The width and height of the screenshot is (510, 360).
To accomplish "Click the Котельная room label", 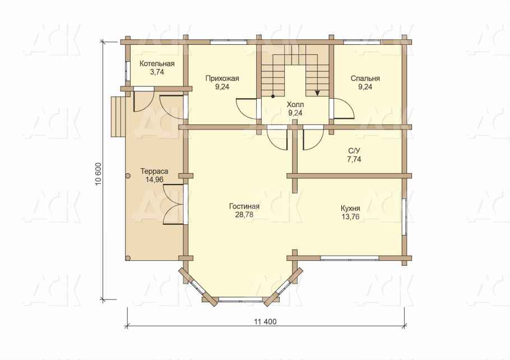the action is coord(157,64).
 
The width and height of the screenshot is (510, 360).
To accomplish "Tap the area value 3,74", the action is coord(157,72).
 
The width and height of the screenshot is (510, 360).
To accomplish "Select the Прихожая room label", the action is coord(222,79).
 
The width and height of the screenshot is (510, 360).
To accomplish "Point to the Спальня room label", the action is coord(365,79).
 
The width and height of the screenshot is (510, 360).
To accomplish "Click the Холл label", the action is coord(295,104).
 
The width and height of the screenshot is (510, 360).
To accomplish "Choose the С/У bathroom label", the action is coord(354,151).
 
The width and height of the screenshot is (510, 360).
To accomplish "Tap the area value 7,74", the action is coord(354,159).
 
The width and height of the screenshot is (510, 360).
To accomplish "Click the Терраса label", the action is coord(154,171).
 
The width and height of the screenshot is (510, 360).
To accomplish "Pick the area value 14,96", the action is coord(154,179).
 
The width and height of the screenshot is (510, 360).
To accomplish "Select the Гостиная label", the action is coord(244,206).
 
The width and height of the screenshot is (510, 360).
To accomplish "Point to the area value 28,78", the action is coord(244,215).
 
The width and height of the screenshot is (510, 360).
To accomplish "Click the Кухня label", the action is coord(350,209).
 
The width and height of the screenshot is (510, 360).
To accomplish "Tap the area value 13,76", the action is coord(350,217).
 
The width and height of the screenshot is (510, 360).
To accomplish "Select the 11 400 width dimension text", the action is coord(266,322).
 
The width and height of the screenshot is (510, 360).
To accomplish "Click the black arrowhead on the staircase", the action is coord(317,93).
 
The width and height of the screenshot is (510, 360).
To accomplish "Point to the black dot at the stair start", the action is coord(273,96).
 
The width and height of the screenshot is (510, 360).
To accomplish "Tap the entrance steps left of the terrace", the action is coord(118,117).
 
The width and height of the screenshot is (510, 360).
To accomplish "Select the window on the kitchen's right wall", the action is coord(404,216).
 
